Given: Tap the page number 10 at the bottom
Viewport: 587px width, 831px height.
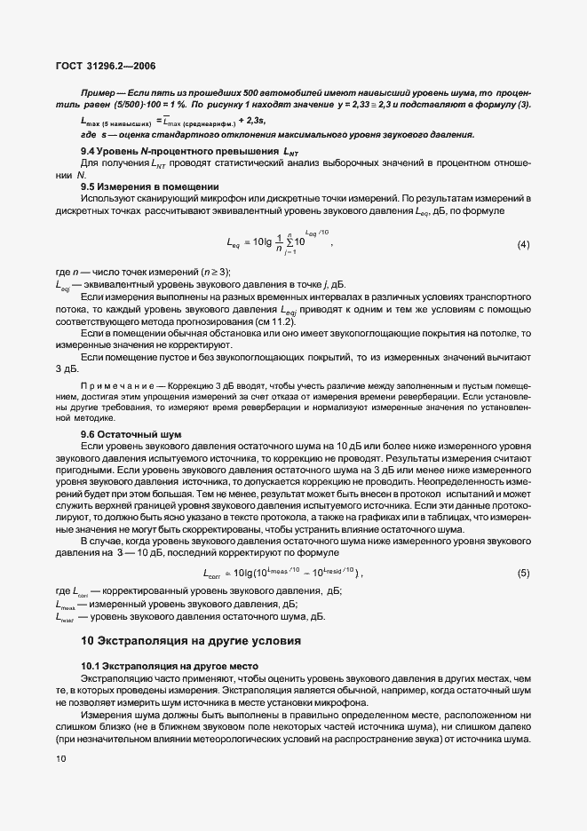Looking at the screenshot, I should tap(60, 759).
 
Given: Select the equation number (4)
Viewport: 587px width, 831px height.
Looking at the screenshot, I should tap(523, 243).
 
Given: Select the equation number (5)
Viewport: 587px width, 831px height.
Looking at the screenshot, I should tap(523, 573).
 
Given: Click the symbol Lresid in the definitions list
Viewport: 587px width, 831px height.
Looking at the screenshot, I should tap(66, 615).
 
